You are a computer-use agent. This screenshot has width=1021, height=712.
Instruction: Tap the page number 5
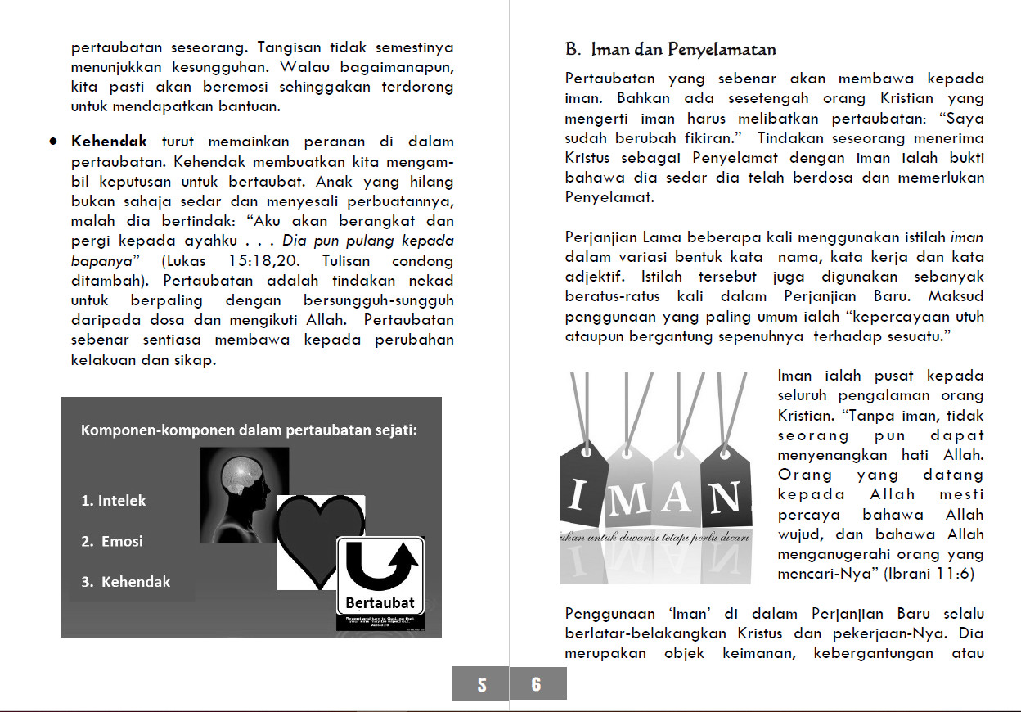(x=481, y=684)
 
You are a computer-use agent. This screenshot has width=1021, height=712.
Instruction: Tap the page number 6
(x=536, y=684)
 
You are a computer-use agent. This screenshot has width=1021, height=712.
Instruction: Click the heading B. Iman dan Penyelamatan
(x=671, y=50)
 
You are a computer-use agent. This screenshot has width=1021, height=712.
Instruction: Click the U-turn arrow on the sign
(x=382, y=565)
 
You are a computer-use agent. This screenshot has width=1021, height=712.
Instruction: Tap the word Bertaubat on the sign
(x=380, y=603)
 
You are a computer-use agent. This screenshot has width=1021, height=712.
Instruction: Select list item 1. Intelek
(x=114, y=501)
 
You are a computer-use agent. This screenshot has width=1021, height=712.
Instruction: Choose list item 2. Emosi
(x=112, y=541)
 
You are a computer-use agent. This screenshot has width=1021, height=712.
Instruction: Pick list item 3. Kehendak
(x=126, y=582)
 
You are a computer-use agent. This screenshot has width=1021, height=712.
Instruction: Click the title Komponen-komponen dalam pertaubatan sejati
(x=249, y=430)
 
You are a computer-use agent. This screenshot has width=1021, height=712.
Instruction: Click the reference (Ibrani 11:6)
(x=929, y=575)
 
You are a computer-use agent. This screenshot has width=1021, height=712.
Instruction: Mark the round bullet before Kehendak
(x=52, y=141)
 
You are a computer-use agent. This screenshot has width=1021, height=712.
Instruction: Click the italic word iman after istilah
(x=967, y=237)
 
